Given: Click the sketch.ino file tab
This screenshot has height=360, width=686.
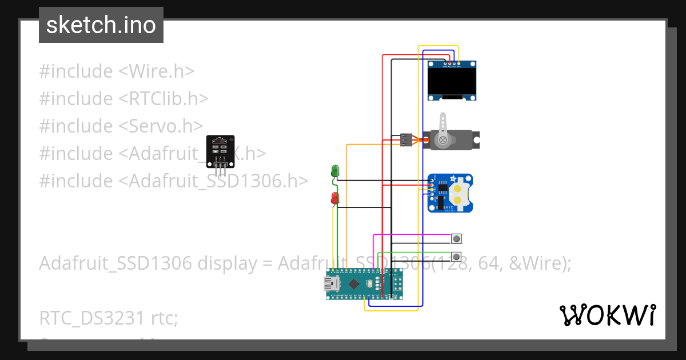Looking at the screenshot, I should pos(101,26).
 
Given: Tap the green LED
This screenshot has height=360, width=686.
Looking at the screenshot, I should pos(335,170).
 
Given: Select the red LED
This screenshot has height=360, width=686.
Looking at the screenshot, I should pos(335,198).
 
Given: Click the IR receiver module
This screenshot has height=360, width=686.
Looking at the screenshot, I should pos(220,151).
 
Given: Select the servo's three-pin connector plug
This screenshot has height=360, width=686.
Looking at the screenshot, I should pos(406,139).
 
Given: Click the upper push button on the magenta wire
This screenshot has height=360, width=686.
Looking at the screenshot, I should pos(457,238).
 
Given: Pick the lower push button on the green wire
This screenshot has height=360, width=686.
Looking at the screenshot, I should pos(457,256).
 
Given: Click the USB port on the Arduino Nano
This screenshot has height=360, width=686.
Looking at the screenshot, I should pos(330,284).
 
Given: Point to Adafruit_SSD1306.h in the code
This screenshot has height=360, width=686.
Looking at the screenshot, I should pos(218,181).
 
